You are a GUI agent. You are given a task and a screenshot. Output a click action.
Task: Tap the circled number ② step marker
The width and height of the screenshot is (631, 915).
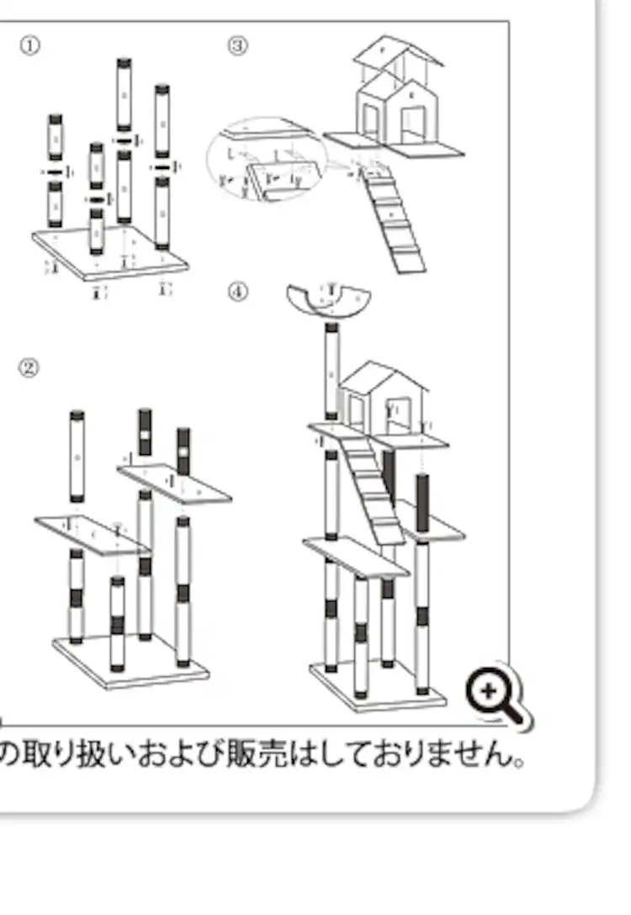[x=29, y=368]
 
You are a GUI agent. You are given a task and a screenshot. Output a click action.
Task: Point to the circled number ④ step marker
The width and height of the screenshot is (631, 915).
[x=239, y=291]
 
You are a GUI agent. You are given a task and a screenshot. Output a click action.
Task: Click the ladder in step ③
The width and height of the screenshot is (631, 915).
[x=394, y=220]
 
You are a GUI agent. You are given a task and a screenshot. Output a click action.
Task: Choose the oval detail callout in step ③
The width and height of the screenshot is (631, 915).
[x=267, y=160]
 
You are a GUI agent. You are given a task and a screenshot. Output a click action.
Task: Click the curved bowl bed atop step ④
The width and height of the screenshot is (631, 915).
[x=329, y=301]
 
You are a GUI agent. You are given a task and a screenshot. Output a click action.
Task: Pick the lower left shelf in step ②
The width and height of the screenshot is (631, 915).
[x=92, y=535]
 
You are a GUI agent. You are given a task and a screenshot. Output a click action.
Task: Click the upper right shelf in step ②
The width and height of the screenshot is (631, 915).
[x=173, y=484]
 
